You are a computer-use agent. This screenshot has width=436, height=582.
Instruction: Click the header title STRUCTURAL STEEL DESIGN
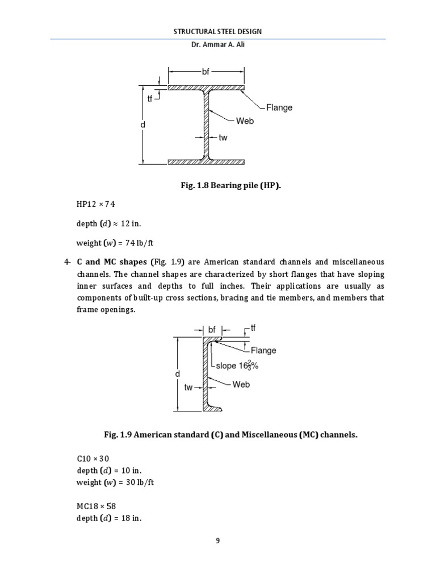(217, 31)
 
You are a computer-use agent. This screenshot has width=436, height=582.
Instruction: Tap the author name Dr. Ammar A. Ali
(218, 46)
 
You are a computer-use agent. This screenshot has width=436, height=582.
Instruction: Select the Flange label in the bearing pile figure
(279, 107)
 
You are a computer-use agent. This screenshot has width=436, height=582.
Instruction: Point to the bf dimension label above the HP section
(206, 72)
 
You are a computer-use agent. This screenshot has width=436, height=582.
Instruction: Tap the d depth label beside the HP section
(144, 124)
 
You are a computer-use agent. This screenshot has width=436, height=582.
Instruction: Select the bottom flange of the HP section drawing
(207, 161)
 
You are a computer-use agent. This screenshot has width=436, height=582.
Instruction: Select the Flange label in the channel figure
(263, 351)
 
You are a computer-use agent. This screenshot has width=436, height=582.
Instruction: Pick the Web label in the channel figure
(241, 385)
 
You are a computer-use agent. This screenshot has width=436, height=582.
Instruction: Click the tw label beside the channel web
(189, 388)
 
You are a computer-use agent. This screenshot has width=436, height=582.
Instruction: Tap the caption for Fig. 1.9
(218, 435)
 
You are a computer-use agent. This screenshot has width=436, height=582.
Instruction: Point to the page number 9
(217, 541)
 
